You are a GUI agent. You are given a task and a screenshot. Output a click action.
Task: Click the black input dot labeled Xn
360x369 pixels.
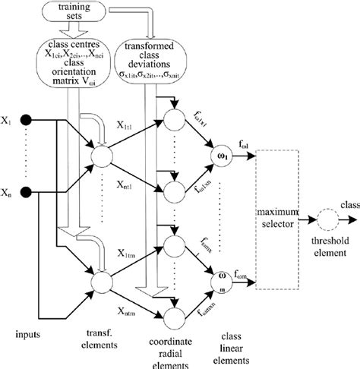25,191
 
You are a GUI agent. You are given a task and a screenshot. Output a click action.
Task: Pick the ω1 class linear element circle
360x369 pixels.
223,156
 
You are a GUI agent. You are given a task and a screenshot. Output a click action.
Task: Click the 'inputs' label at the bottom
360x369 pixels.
29,331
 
